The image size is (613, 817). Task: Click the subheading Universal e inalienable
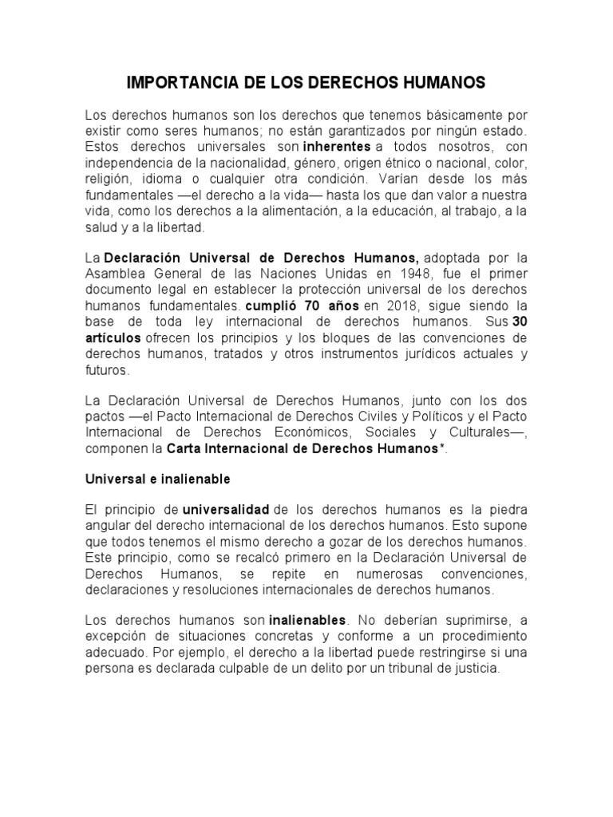pos(157,479)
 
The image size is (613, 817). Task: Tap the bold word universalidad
pos(226,509)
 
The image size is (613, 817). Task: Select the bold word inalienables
pos(308,619)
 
